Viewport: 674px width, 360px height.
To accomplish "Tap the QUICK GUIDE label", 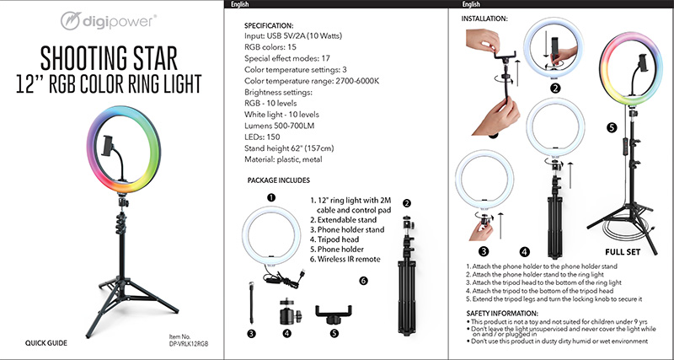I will coord(46,343).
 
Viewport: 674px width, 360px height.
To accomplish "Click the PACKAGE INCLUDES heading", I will coord(280,180).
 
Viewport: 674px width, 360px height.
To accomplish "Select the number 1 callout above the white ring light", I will coord(272,197).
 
